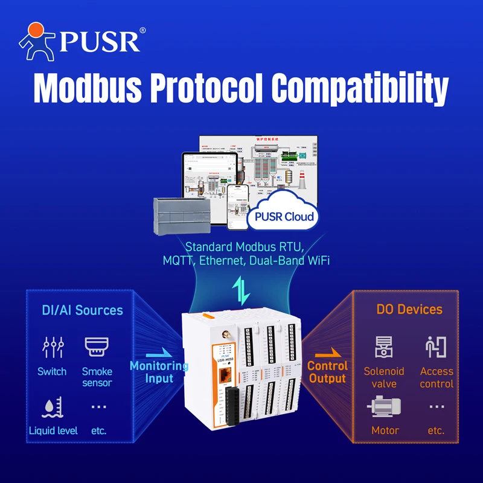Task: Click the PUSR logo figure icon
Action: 37,41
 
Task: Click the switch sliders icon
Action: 52,348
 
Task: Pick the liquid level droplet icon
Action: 51,408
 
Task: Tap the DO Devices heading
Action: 409,309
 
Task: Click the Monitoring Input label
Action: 159,372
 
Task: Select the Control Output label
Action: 327,373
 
